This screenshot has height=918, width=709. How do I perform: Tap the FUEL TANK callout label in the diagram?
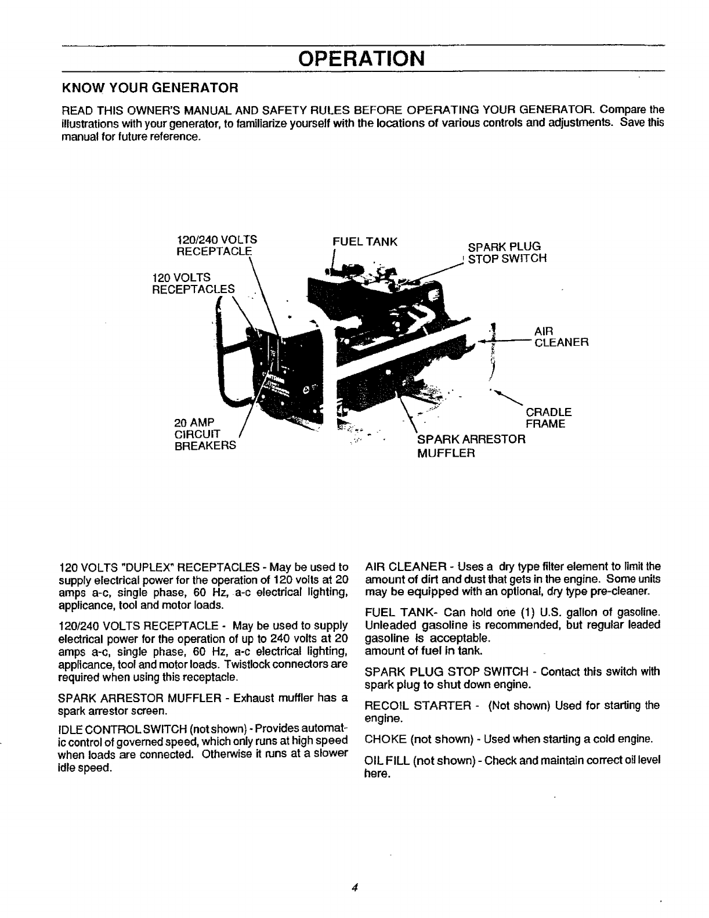[364, 241]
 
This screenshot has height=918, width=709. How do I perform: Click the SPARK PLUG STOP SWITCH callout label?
[507, 252]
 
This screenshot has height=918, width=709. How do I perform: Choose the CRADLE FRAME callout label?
[548, 418]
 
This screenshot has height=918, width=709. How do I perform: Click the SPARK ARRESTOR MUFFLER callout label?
[471, 445]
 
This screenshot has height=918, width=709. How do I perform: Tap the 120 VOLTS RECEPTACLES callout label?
[193, 283]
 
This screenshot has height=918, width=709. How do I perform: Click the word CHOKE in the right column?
[385, 739]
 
